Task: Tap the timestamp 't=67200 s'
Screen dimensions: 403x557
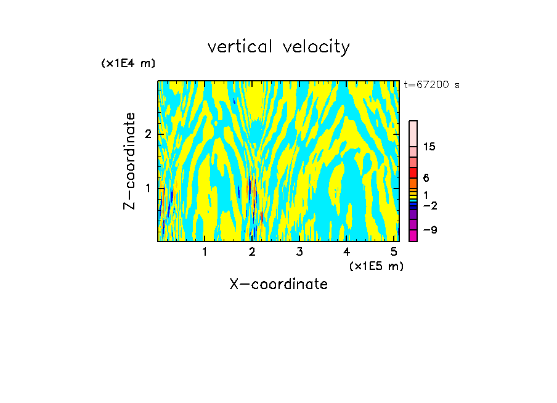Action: pos(431,85)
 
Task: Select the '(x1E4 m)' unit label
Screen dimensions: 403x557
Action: pos(128,63)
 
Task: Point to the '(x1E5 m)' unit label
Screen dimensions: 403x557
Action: pos(376,266)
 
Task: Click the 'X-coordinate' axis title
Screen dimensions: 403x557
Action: pos(278,284)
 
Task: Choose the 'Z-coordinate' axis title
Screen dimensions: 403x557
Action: pos(129,161)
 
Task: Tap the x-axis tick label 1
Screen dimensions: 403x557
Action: pos(205,252)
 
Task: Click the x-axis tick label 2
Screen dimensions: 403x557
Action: pos(252,252)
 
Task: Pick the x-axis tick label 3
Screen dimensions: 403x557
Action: pos(299,252)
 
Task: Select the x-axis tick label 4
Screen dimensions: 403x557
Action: pos(347,252)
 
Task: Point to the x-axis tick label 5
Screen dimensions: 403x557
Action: pos(394,252)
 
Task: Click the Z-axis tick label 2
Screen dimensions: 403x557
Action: pos(148,134)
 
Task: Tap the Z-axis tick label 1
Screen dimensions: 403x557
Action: pos(148,188)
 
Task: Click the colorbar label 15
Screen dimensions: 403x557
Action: pos(429,147)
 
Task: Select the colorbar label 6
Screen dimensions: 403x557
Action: pos(426,178)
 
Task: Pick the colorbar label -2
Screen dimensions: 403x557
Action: pos(429,206)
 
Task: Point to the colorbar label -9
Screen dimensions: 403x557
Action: pos(429,230)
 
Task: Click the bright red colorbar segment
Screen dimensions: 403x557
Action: pos(413,173)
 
